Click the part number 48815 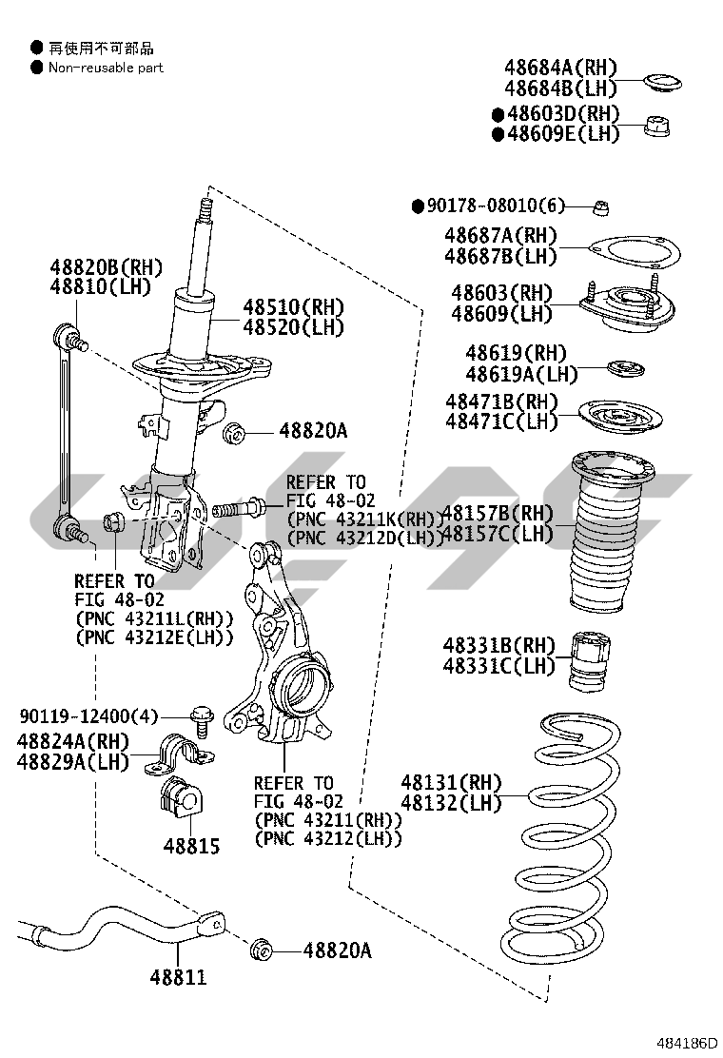190,846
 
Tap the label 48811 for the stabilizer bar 177,977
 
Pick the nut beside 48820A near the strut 235,433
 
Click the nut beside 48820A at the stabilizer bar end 261,950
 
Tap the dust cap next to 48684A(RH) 658,81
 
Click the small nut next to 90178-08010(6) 600,206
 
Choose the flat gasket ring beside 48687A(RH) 635,252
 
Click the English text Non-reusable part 106,68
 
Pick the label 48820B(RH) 107,266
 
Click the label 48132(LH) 450,803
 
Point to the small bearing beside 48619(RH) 624,367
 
